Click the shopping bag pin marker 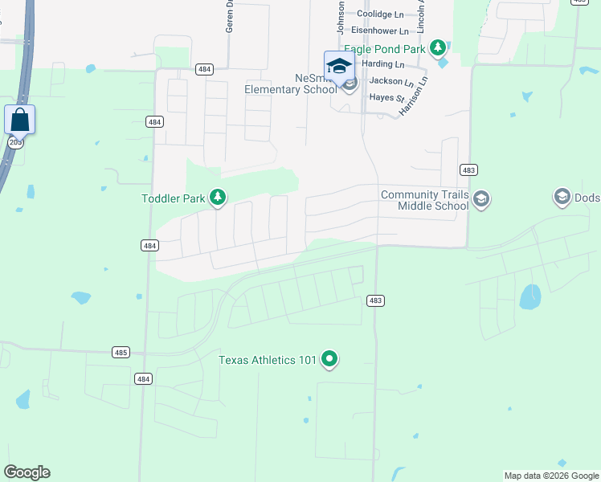(x=19, y=120)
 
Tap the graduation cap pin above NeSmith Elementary (x=339, y=66)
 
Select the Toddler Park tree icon (x=217, y=197)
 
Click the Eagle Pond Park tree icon (x=438, y=49)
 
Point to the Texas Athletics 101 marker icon (x=329, y=359)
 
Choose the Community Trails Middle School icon (x=480, y=199)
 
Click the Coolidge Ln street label (x=380, y=14)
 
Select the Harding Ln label (x=383, y=64)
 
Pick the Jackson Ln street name (x=391, y=81)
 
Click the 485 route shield (x=121, y=353)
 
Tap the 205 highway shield (x=15, y=142)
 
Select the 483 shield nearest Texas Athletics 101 (x=375, y=300)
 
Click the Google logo (x=27, y=472)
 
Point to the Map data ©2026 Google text (x=551, y=476)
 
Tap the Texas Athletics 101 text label (x=268, y=360)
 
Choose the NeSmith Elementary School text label (x=292, y=84)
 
